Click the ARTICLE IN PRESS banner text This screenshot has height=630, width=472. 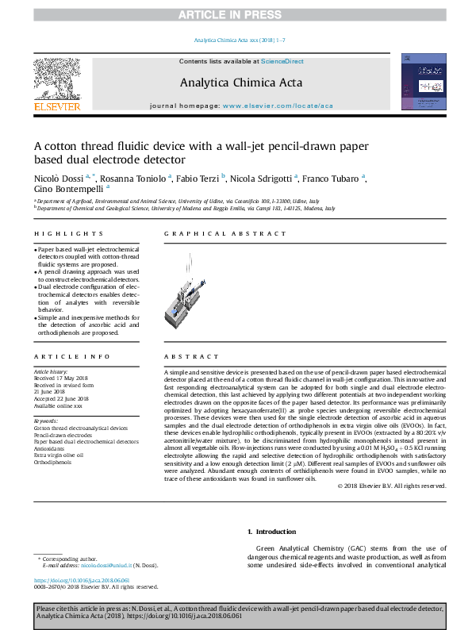(236, 14)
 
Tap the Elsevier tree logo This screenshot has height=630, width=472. (57, 79)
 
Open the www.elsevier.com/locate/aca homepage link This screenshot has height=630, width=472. (278, 105)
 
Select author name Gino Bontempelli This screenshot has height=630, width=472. (68, 190)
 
